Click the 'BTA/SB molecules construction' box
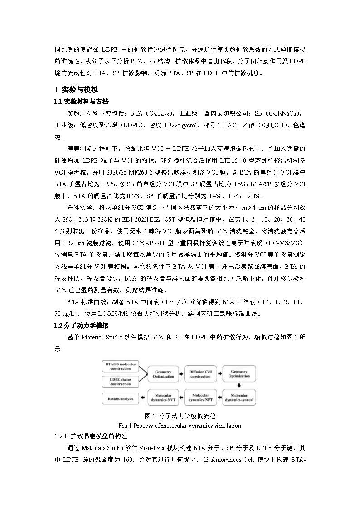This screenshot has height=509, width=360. pos(121,367)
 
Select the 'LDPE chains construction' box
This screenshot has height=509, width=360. pos(121,382)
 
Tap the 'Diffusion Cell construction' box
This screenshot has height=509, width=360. pos(200,374)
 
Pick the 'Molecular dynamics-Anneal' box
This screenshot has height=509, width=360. pos(238,398)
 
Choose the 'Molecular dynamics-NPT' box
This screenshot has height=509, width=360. pos(200,398)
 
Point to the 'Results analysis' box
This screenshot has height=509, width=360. pos(121,398)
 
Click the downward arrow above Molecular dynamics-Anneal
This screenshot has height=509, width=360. pos(239,386)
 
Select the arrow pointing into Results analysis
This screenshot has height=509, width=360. pos(143,398)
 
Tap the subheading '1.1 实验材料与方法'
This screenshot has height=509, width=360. pos(81,101)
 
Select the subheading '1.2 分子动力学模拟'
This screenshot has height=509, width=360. pos(81,325)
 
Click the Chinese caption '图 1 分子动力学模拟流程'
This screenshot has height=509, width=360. pos(180,416)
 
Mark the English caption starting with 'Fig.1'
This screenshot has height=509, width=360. pos(180,426)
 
